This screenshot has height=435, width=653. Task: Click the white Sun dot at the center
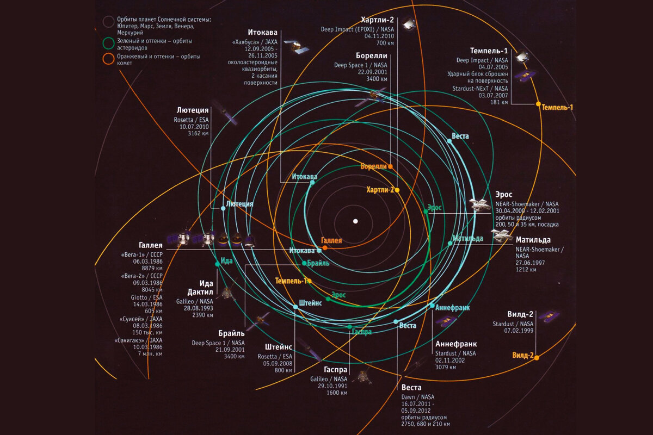tap(355, 221)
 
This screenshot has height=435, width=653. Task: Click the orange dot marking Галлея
tap(325, 248)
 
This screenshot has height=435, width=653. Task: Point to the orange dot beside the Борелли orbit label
tap(391, 166)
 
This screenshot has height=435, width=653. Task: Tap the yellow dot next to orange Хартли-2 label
tap(397, 190)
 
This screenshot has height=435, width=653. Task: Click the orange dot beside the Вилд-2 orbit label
tap(537, 357)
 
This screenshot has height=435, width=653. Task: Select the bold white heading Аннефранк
tap(456, 344)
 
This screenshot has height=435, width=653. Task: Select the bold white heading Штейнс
tap(280, 347)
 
